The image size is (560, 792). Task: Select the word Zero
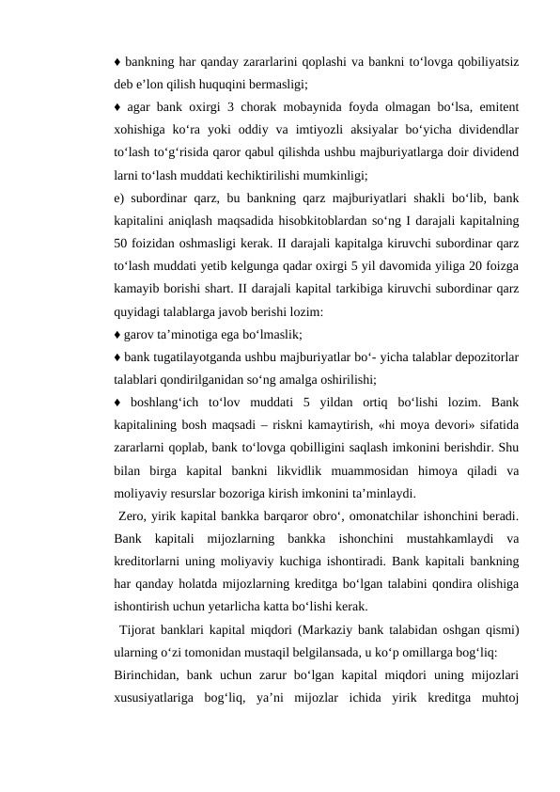[x=132, y=514]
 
